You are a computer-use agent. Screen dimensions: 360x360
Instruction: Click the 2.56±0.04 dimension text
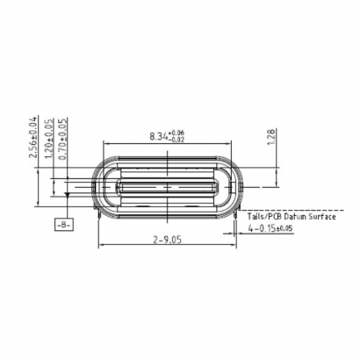coord(33,137)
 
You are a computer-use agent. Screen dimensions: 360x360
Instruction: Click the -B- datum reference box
coord(65,226)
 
